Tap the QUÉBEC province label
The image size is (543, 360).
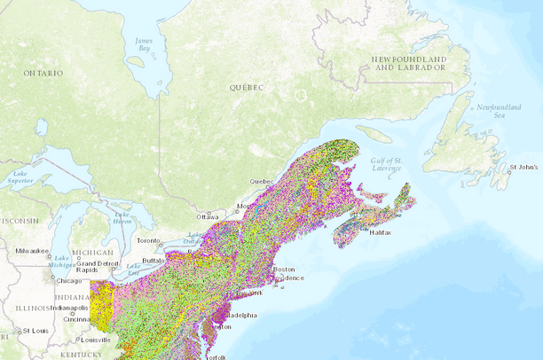tap(248, 88)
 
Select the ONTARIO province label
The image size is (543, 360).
tap(43, 72)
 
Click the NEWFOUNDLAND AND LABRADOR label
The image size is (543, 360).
tap(407, 63)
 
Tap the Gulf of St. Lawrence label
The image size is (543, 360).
tap(386, 163)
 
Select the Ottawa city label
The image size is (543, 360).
tap(208, 216)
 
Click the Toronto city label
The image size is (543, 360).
tap(148, 240)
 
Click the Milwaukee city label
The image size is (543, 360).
tap(33, 251)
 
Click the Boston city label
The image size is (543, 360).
tap(284, 269)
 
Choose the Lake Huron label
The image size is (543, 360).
tap(123, 217)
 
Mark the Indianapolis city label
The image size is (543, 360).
tap(68, 308)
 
